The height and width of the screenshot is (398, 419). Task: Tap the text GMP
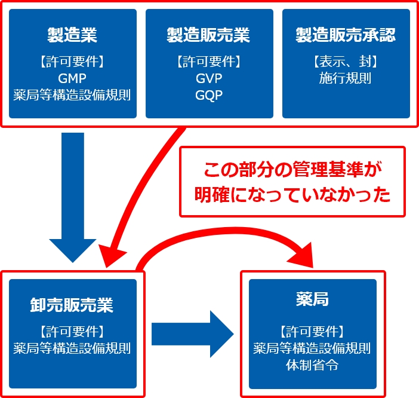[72, 78]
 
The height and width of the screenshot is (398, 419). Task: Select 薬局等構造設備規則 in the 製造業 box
[72, 94]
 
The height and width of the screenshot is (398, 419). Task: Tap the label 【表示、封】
[346, 62]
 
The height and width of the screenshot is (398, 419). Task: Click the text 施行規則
[346, 78]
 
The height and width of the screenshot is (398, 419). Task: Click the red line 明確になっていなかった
[292, 195]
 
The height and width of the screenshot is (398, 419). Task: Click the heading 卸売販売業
[72, 305]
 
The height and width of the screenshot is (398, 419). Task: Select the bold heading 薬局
[312, 298]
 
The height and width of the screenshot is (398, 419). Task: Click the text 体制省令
[312, 365]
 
